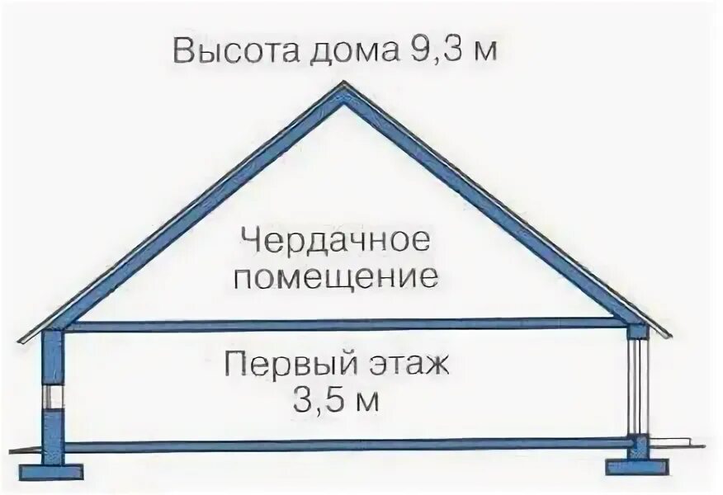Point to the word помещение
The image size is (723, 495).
(x=335, y=277)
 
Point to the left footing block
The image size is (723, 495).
(x=51, y=472)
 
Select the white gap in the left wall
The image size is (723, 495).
(x=53, y=395)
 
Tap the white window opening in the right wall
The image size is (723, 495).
(x=637, y=384)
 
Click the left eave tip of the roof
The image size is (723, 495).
(x=21, y=338)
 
